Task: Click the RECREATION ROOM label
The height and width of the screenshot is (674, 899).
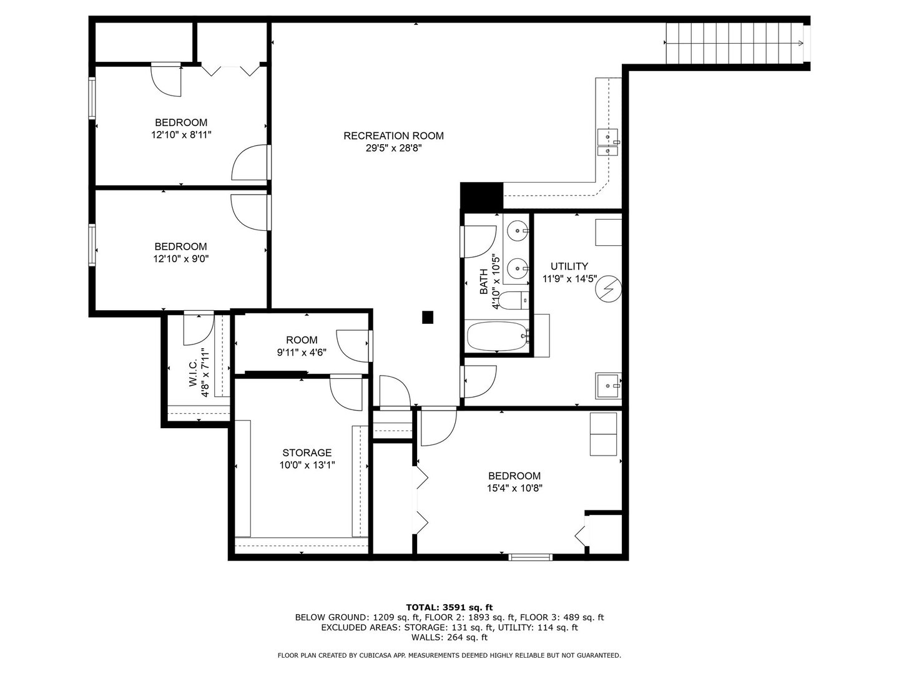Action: [393, 135]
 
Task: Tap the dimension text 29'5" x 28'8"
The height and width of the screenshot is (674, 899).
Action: [393, 149]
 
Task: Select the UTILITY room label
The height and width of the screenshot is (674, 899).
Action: [569, 266]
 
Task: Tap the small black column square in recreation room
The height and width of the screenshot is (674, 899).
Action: [428, 318]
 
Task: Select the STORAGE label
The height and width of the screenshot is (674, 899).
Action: [307, 452]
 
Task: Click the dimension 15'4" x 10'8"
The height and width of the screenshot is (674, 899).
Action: [514, 489]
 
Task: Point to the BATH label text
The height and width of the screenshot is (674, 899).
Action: [484, 281]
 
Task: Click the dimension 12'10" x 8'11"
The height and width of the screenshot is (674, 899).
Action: [181, 135]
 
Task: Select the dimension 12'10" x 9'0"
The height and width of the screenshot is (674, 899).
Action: [180, 259]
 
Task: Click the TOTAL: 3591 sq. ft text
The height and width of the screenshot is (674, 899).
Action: [449, 607]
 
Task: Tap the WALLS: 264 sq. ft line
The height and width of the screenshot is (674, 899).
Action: [449, 637]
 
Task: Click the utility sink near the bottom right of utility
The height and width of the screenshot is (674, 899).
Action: [608, 386]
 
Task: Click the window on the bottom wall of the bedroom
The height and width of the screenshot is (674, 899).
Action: [530, 557]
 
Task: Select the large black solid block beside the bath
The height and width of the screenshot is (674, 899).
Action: [481, 195]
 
